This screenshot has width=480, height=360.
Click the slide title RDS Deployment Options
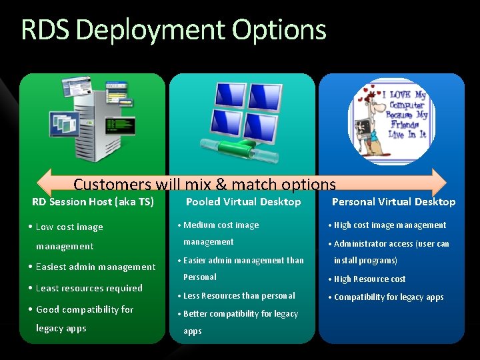pos(173,31)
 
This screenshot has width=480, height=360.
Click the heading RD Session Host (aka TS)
pos(93,202)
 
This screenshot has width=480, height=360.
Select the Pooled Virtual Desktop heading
pos(243,202)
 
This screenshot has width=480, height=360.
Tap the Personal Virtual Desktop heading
pos(393,202)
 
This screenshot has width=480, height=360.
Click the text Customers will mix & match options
pos(205,184)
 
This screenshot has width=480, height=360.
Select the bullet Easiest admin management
pos(95,267)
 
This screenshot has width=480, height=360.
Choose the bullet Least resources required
pos(89,288)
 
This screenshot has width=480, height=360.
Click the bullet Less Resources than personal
pos(239,295)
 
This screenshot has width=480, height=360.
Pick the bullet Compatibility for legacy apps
pos(389,297)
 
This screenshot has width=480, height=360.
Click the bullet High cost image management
pos(390,225)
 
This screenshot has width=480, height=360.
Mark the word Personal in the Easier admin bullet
pos(200,277)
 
